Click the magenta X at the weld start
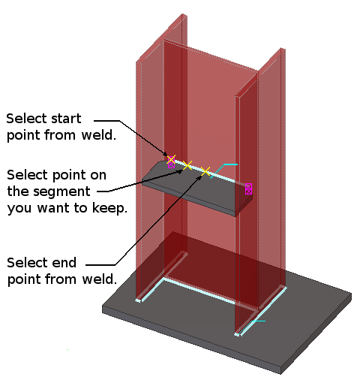click(x=171, y=159)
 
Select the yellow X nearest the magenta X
click(x=187, y=165)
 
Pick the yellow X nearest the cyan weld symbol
click(x=205, y=172)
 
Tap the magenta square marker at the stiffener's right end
click(x=248, y=188)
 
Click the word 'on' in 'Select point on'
click(x=98, y=174)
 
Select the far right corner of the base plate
click(x=350, y=295)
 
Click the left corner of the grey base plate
click(x=104, y=306)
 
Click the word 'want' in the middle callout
click(x=77, y=208)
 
